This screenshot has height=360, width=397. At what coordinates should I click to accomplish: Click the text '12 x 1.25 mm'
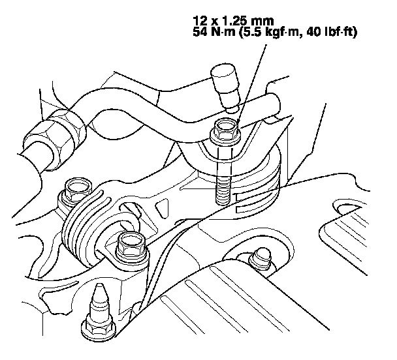click(233, 21)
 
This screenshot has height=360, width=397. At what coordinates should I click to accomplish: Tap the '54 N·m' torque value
click(214, 32)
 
